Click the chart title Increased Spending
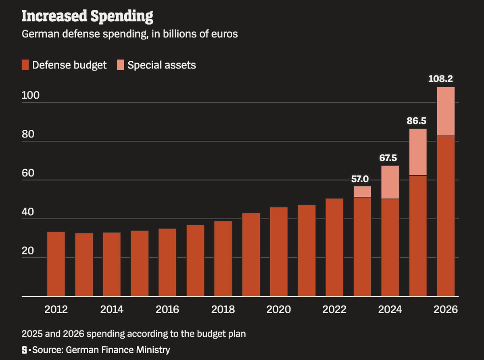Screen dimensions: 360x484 point(87,16)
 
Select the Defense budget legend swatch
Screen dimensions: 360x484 point(25,65)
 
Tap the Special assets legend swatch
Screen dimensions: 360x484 point(121,65)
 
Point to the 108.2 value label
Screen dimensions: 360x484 point(445,79)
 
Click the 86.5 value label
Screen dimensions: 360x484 point(418,121)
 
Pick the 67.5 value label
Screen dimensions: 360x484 point(390,158)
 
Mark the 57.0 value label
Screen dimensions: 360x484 point(362,178)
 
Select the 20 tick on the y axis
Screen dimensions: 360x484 point(27,251)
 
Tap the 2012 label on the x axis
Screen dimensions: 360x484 point(56,310)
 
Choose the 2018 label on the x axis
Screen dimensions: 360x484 point(223,310)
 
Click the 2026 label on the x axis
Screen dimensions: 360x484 point(446,310)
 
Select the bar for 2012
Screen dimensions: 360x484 point(56,264)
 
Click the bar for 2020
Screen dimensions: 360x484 point(279,252)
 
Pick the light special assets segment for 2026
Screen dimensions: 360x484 point(446,111)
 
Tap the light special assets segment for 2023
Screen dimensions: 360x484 point(362,191)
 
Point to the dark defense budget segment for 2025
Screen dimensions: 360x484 point(418,236)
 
